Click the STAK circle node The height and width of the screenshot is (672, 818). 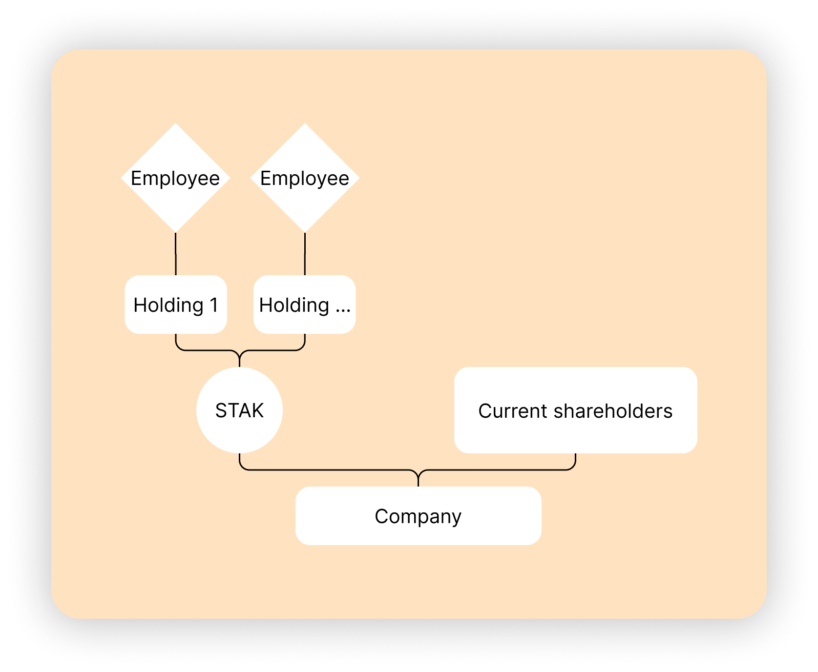[x=239, y=410]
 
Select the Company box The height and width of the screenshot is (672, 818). [x=418, y=516]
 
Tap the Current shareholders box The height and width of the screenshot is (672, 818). [x=575, y=410]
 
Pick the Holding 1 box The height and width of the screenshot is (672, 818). [x=176, y=305]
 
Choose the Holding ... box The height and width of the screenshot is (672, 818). [x=305, y=305]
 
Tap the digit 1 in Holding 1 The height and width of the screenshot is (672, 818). [x=214, y=305]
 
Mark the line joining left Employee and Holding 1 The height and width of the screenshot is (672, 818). [x=176, y=254]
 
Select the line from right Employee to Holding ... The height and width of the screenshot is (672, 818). [x=305, y=254]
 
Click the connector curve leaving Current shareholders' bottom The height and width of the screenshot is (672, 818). [x=574, y=464]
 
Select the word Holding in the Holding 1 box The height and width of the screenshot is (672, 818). [x=168, y=305]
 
